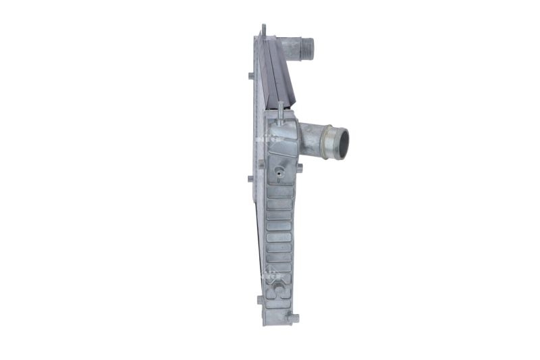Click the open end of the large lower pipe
pos(340,143)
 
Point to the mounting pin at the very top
pos(263,30)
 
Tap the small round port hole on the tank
pos(277,172)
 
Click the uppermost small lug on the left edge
pos(251,75)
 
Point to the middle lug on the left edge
pos(250,179)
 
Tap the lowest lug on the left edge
pos(260,299)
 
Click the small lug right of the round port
pos(299,168)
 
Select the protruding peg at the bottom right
pos(292,315)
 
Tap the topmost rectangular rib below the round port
pos(279,191)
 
